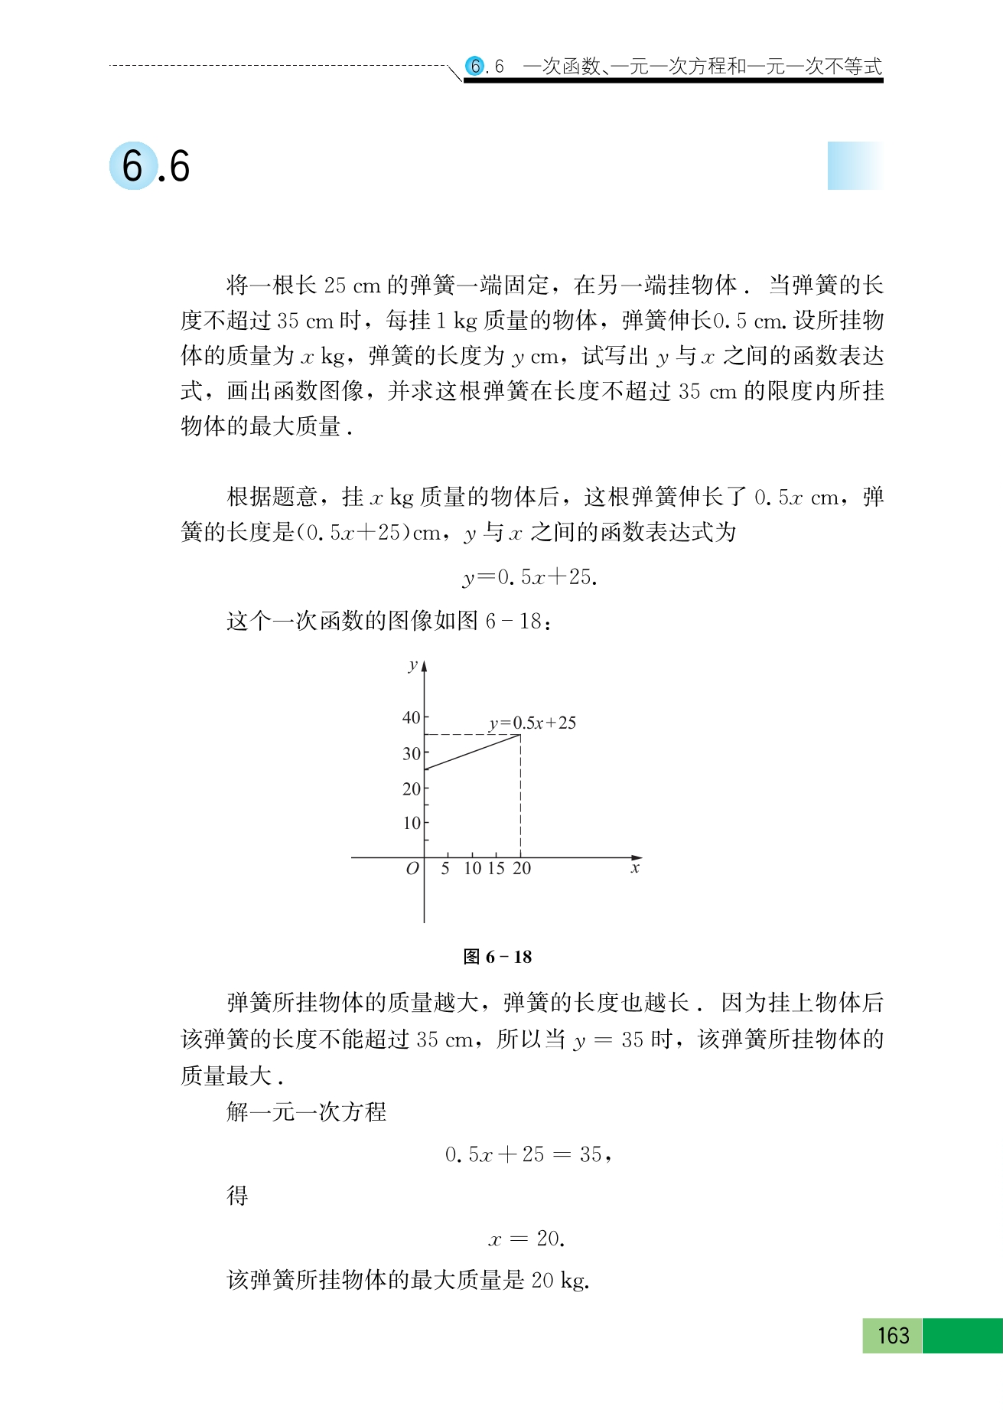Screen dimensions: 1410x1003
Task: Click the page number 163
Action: coord(893,1336)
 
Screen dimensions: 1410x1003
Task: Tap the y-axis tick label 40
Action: coord(412,718)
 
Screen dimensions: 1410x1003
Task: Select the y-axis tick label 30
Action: coord(412,754)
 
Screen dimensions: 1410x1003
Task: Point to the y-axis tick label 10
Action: coord(412,824)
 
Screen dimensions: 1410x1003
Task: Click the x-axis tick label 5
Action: coord(445,869)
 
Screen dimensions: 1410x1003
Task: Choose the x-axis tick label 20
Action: coord(522,869)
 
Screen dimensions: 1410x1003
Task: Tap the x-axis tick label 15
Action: coord(496,869)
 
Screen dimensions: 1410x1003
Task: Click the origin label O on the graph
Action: coord(412,869)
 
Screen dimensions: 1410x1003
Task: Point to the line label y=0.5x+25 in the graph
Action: coord(532,723)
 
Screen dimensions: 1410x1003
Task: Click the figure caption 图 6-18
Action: coord(497,957)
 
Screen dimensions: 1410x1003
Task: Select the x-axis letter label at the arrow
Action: coord(635,869)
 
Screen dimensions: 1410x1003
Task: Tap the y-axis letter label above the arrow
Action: coord(413,665)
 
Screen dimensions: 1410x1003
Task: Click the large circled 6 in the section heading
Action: coord(133,166)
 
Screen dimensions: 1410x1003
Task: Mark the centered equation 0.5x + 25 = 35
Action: coord(528,1154)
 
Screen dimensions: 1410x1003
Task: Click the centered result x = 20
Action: coord(526,1239)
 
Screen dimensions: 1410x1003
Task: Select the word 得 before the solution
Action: coord(238,1196)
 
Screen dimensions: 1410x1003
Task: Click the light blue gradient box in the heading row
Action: coord(855,165)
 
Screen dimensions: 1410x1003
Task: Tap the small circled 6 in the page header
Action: coord(475,67)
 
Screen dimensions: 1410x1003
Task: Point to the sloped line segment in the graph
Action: coord(472,752)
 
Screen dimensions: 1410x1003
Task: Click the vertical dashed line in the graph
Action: coord(521,796)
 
